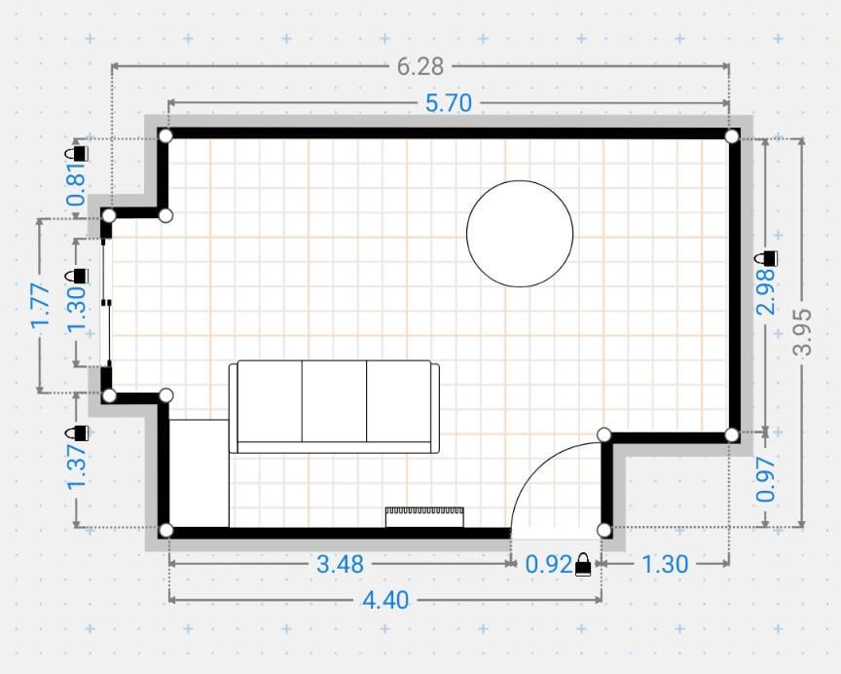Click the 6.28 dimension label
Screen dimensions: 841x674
tap(420, 66)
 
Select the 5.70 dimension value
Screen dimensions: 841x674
tap(449, 103)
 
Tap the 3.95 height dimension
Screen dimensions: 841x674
tap(802, 332)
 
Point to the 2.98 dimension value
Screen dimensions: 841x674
tap(765, 291)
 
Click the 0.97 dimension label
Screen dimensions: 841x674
tap(765, 479)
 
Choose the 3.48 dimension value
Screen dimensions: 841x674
tap(340, 564)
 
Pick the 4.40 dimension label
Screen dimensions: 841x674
tap(385, 600)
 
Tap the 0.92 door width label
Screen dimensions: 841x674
tap(549, 564)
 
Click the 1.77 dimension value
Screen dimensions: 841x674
tap(41, 305)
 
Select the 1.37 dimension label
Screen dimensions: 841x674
tap(77, 467)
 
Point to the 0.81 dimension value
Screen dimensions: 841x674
tap(77, 184)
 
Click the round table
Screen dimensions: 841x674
tap(520, 234)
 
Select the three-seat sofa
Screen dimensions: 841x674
tap(334, 407)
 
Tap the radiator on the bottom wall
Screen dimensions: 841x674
tap(424, 517)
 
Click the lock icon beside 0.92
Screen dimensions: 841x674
tap(583, 565)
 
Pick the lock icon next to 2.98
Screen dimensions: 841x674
tap(766, 258)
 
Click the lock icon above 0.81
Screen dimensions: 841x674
tap(77, 153)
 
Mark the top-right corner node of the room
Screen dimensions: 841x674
tap(732, 136)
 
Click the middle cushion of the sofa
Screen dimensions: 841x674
tap(334, 401)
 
